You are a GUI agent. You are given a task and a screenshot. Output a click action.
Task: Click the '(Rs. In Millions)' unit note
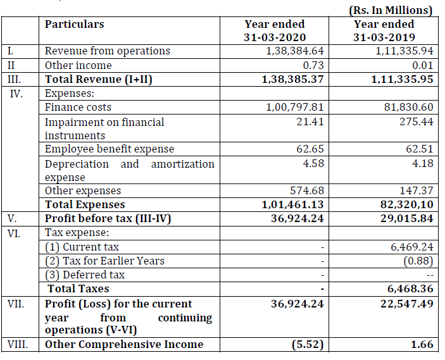point(390,10)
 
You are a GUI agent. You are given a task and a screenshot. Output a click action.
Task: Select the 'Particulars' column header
point(75,24)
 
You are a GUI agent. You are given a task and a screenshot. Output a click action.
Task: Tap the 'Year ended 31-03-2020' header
point(275,30)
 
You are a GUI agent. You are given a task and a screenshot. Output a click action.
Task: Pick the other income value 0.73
point(314,65)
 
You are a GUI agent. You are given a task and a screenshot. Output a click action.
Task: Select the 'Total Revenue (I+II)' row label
point(99,79)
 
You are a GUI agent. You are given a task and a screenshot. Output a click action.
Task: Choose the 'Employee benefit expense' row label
point(109,149)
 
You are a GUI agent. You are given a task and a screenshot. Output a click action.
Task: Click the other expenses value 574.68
point(305,190)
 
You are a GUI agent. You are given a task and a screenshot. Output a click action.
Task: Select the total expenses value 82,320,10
point(398,204)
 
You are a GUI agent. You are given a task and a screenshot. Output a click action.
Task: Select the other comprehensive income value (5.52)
point(307,345)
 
